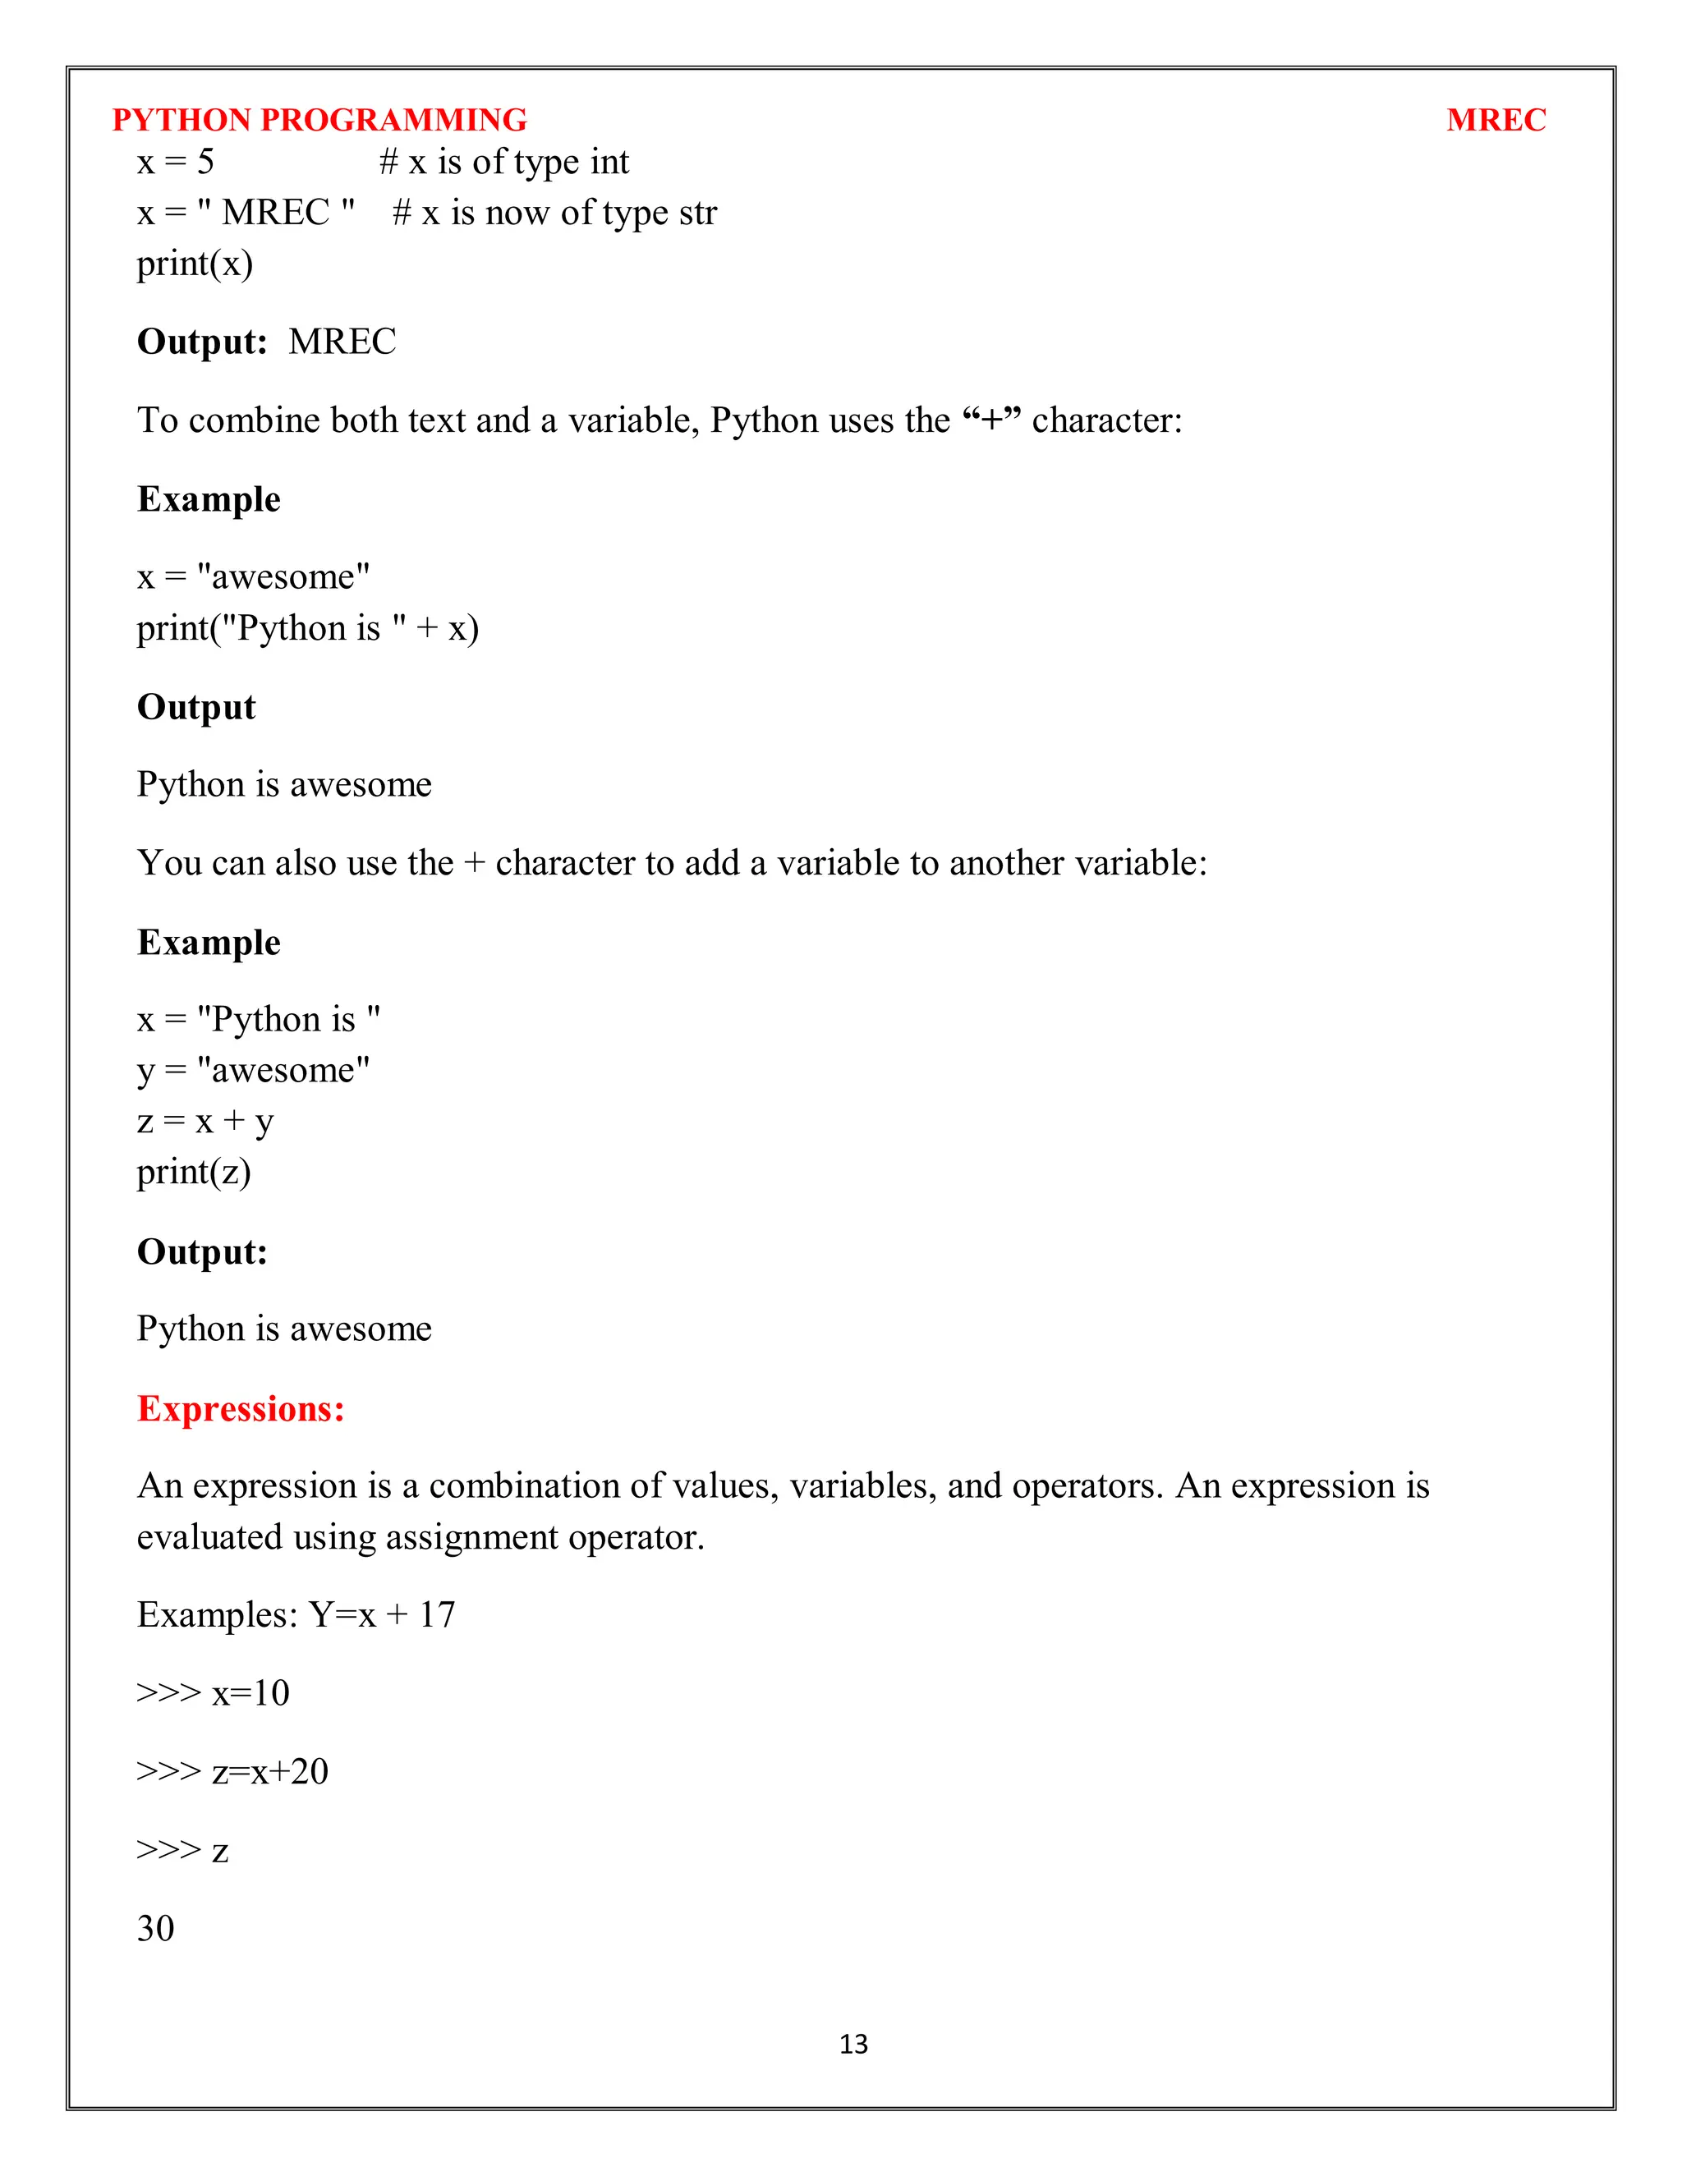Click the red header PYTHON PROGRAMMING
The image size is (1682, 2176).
tap(319, 120)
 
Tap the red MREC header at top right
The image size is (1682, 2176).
tap(1496, 120)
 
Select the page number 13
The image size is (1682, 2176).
tap(853, 2044)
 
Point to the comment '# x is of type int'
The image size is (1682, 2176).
tap(503, 162)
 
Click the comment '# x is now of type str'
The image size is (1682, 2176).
tap(554, 212)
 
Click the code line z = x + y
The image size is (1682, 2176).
tap(205, 1121)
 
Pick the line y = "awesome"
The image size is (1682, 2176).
tap(253, 1070)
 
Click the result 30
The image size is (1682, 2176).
tap(155, 1928)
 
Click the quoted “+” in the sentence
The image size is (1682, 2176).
tap(991, 420)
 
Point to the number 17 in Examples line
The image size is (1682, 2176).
tap(436, 1614)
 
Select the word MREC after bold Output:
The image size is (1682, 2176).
tap(342, 342)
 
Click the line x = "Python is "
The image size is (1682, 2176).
tap(258, 1019)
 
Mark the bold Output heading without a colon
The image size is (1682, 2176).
tap(196, 706)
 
